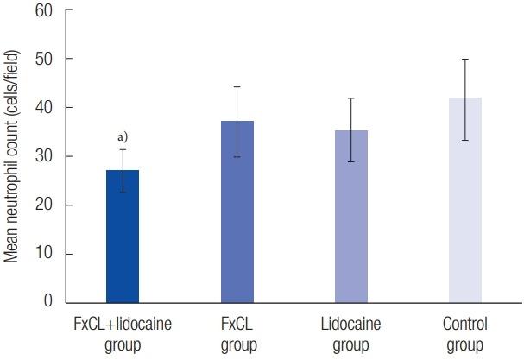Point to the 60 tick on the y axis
(43, 11)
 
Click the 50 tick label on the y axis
(43, 60)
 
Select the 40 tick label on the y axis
(43, 108)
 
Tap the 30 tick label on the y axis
(43, 156)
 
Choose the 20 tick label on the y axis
(43, 205)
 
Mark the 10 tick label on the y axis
(43, 254)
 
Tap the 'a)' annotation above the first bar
(123, 136)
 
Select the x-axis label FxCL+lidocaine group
(123, 335)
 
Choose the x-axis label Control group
(465, 335)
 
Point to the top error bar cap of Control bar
(465, 59)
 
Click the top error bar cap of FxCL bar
(237, 86)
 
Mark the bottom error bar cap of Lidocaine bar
(350, 161)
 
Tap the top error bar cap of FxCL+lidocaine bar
(123, 149)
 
